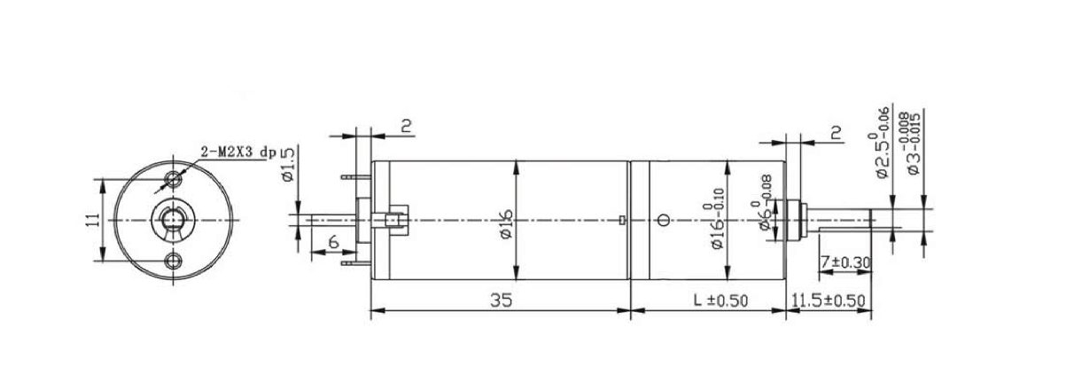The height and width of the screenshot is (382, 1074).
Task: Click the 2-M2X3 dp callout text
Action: coord(238,153)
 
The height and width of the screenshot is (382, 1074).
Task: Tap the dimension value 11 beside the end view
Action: coord(94,220)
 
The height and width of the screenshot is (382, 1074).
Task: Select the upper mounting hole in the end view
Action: coord(173,179)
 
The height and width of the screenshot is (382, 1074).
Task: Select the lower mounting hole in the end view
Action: coord(173,261)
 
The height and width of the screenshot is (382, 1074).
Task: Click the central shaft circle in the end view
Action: coord(173,220)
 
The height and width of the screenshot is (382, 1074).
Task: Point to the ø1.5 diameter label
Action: coord(288,163)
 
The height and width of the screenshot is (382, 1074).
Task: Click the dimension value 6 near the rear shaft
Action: coord(333,242)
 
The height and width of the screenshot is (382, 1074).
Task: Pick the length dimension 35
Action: coord(501,300)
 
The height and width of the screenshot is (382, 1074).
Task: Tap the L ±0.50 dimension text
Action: coord(721,300)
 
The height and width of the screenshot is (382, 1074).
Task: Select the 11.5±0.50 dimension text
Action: coord(828,301)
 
